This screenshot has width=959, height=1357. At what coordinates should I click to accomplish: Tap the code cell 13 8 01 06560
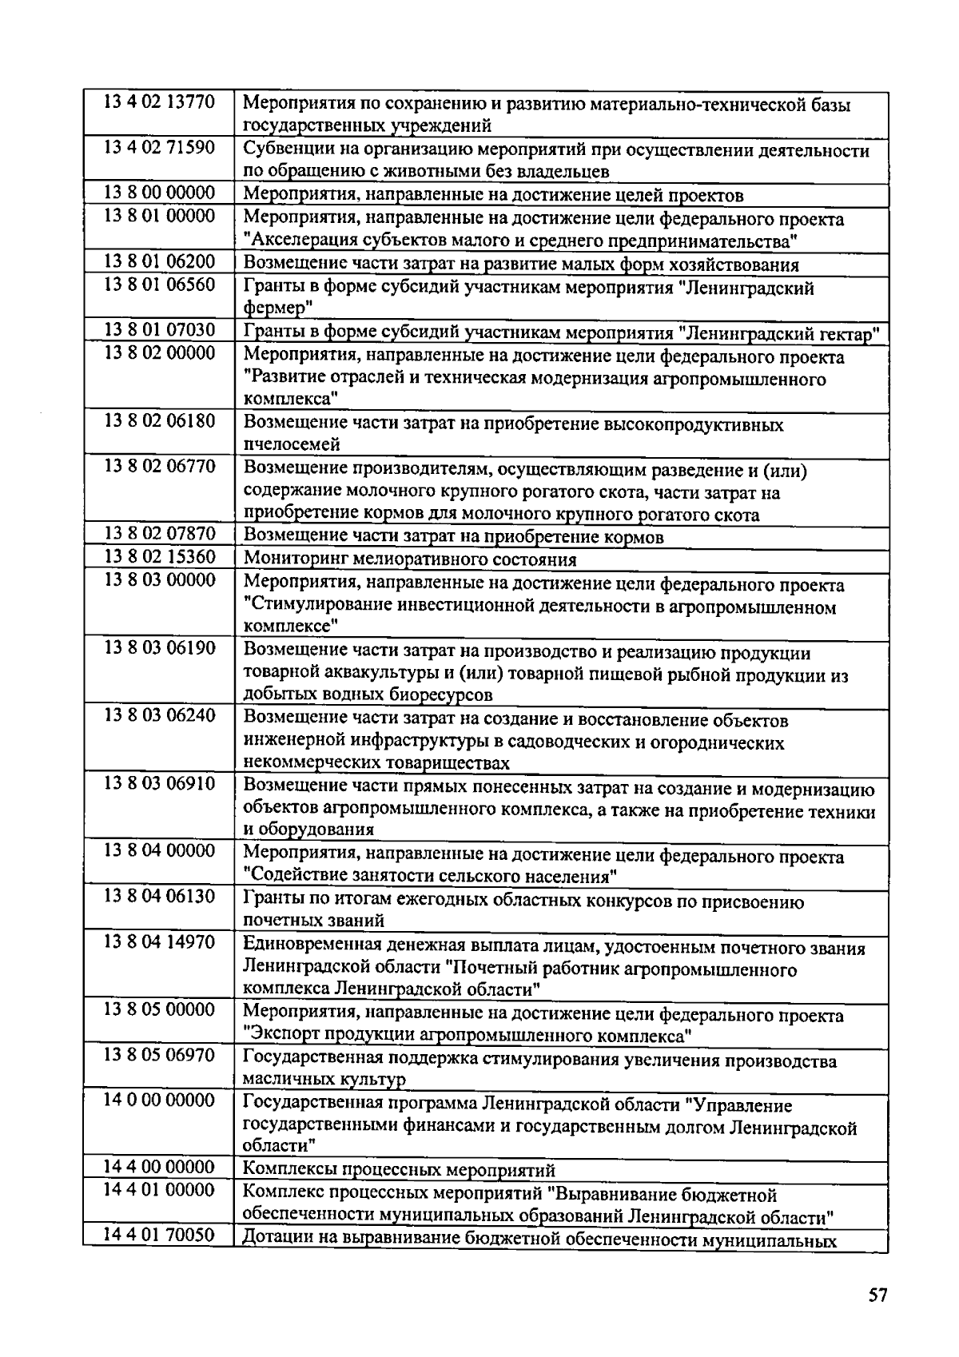point(159,285)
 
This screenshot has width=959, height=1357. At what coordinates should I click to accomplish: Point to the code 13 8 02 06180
point(159,420)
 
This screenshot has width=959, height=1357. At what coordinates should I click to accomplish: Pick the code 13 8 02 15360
point(159,557)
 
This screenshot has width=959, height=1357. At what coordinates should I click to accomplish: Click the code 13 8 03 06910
point(159,783)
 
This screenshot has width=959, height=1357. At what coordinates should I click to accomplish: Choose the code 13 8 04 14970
point(159,942)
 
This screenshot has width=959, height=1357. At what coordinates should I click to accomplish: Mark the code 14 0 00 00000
point(159,1100)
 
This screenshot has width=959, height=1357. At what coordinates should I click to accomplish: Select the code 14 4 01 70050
point(159,1236)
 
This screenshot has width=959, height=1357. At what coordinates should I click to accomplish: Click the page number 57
point(877,1296)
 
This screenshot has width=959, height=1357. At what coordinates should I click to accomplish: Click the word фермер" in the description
point(277,308)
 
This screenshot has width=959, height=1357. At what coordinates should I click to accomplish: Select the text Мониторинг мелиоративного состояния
point(410,559)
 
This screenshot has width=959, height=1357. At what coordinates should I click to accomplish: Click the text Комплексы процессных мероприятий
point(399,1172)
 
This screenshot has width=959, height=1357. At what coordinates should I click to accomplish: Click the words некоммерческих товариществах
point(376,763)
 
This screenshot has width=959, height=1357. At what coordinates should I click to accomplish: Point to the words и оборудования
point(308,830)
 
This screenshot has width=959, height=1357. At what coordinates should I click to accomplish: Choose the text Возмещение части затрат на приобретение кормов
point(453,537)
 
